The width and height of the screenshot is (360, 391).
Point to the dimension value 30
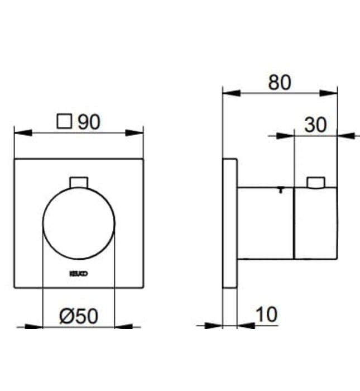[x=315, y=125]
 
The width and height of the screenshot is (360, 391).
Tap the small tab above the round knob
[x=79, y=182]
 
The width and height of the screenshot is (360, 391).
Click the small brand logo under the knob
[x=79, y=273]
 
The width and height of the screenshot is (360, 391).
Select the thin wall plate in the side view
[x=230, y=223]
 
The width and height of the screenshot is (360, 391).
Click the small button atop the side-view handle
[x=316, y=183]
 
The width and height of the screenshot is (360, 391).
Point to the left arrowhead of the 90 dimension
[x=22, y=133]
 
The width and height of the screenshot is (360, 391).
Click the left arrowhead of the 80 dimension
[x=231, y=92]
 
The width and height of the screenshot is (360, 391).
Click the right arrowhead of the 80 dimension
[x=329, y=92]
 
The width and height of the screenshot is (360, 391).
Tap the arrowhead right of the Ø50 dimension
[x=124, y=326]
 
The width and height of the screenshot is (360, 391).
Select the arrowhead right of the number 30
[x=347, y=135]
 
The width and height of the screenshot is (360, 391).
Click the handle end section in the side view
[x=316, y=223]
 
